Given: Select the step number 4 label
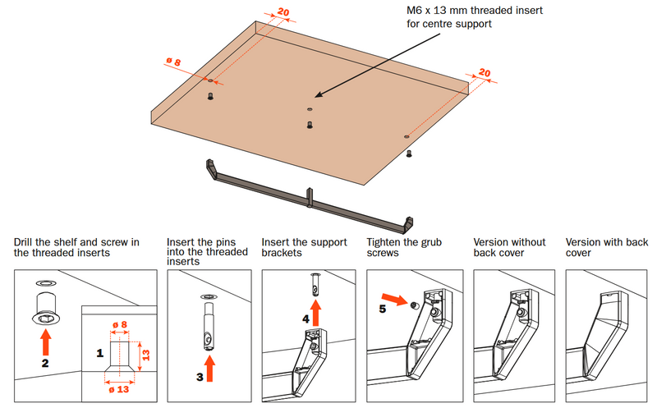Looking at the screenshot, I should tap(306, 316).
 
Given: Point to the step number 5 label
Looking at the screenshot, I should tap(381, 310).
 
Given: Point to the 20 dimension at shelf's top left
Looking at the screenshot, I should tap(283, 12).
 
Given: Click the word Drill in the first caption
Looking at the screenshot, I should tap(25, 242).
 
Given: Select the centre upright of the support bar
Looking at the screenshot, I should tap(310, 198).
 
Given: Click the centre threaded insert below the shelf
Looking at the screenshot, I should tap(310, 125).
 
